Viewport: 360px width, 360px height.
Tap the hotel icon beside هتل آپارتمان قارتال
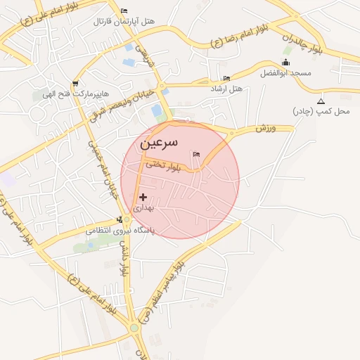pos(124,11)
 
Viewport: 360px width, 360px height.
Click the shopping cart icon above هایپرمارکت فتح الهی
pos(75,84)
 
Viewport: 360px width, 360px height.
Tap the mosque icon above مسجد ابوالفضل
pos(285,63)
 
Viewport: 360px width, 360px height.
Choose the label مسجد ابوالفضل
pos(285,72)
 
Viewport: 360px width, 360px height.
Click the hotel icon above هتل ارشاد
pos(226,78)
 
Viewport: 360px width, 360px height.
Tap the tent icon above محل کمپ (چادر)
pos(321,101)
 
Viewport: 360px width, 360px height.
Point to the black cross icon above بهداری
pos(143,198)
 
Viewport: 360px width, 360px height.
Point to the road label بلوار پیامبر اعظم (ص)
pos(162,291)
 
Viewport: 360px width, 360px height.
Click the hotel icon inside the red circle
pos(195,154)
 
